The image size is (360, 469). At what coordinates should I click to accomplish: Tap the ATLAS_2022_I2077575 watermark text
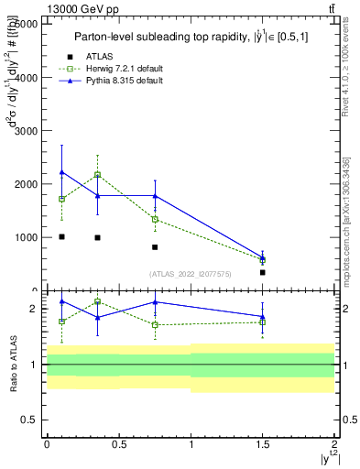point(190,274)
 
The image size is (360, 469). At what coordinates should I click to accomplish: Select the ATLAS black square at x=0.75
point(155,247)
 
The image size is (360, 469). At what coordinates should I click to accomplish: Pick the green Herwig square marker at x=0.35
point(97,174)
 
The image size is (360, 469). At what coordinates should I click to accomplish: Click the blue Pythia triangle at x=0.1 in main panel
point(61,172)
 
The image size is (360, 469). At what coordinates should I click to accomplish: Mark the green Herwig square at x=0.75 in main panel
point(155,219)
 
